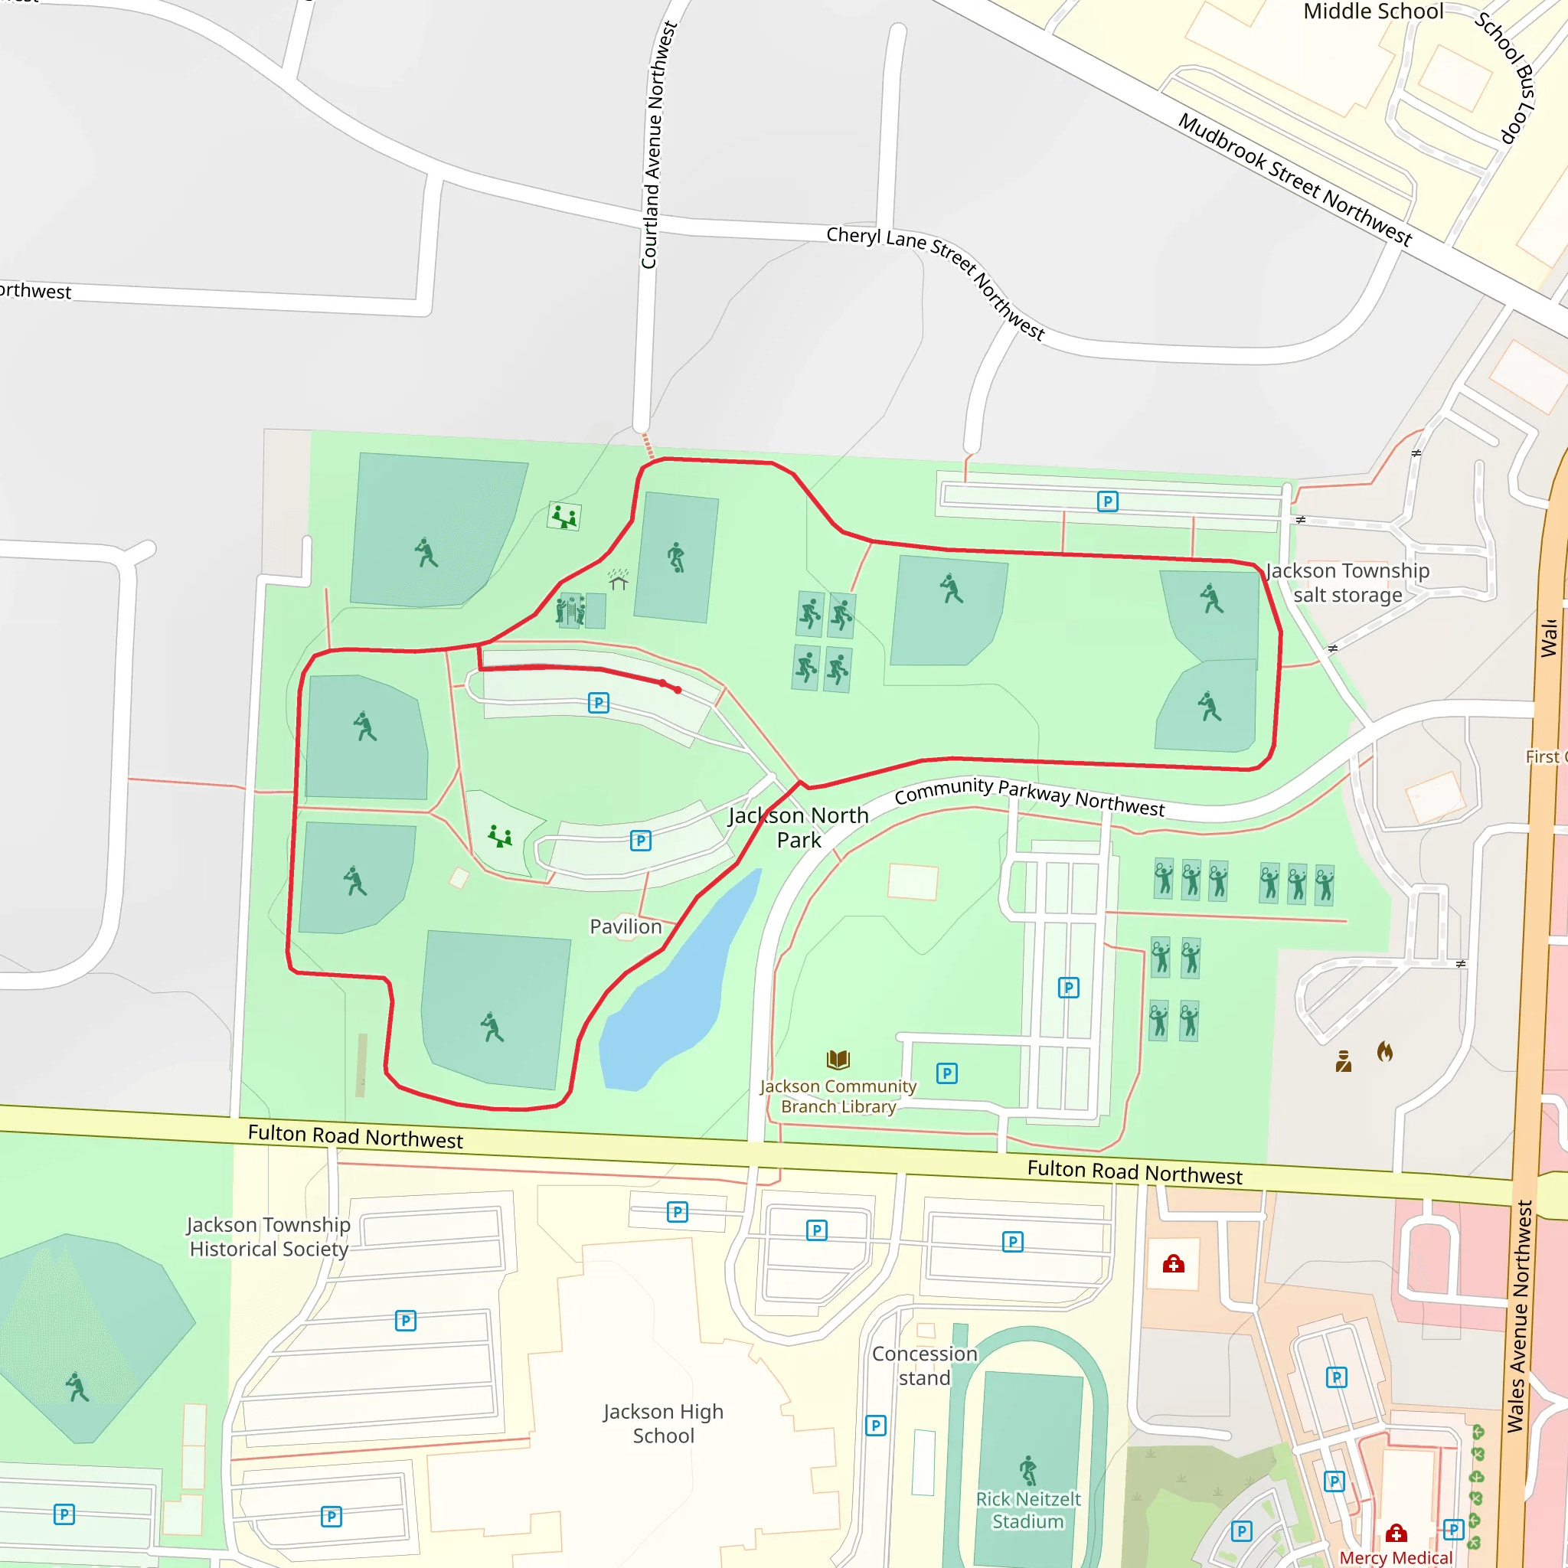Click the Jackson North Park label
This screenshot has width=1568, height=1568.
click(799, 827)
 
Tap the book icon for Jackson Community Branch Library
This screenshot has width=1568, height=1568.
click(838, 1059)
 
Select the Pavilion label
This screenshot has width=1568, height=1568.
click(625, 926)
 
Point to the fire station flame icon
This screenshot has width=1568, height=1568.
click(1384, 1052)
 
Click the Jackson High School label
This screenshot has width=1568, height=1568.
click(663, 1423)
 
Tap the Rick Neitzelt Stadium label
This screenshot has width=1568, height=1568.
click(1027, 1510)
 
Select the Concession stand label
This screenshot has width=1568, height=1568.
click(924, 1365)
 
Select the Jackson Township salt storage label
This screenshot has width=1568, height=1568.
click(1347, 582)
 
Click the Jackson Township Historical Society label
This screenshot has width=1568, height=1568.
click(269, 1236)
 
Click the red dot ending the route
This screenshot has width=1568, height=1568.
click(678, 690)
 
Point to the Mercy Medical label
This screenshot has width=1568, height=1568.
click(1396, 1557)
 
